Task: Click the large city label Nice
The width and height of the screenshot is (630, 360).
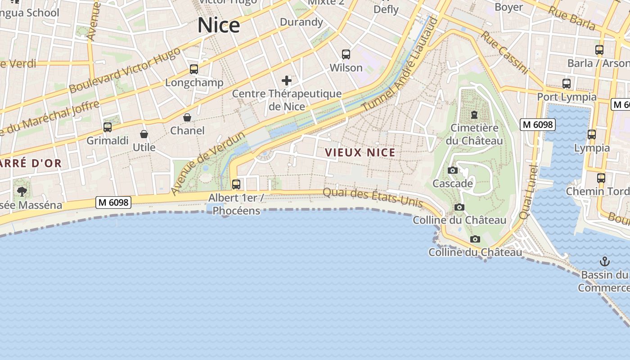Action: click(219, 25)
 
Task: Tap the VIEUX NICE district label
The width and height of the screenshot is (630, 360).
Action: click(360, 153)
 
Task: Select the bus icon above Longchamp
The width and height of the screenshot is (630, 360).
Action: click(194, 69)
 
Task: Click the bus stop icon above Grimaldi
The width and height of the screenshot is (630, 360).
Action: click(108, 127)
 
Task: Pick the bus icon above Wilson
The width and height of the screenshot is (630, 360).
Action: click(346, 54)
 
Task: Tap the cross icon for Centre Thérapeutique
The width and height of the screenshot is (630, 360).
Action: click(287, 81)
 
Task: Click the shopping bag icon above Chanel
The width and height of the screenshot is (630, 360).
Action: click(187, 118)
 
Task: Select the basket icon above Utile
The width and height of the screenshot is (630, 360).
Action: click(144, 134)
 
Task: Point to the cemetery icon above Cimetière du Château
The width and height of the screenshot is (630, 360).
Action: click(474, 115)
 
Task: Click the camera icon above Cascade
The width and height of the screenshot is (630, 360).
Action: click(453, 171)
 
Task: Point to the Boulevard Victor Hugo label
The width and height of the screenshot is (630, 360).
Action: click(125, 70)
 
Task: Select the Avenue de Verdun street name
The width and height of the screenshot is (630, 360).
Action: click(208, 163)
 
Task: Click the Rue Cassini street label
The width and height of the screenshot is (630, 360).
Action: click(504, 52)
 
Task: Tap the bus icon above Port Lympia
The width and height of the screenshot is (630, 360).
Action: click(567, 84)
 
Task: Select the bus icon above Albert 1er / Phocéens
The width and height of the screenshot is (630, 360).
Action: click(236, 184)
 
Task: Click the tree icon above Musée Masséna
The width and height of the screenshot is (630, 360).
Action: click(22, 192)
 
